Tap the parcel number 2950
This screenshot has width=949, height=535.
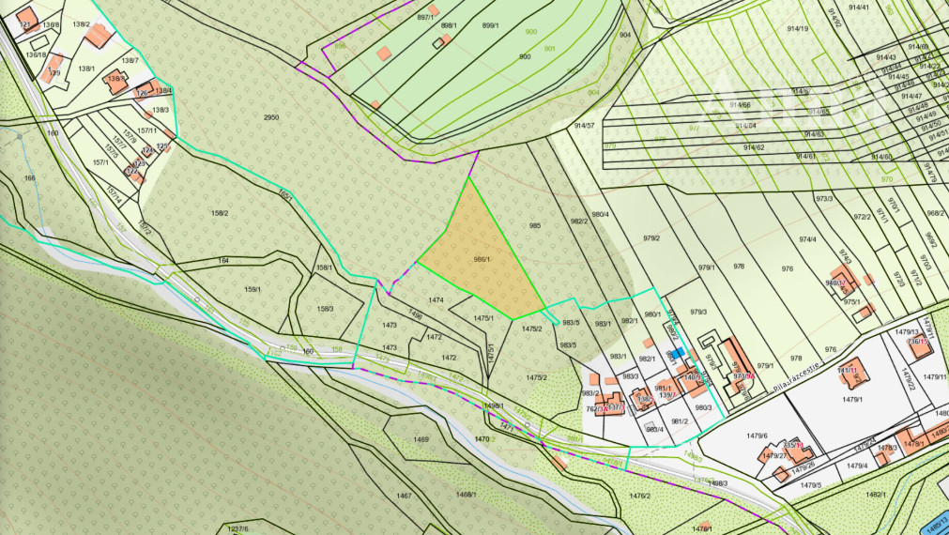pyautogui.click(x=271, y=117)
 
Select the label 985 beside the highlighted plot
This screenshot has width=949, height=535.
pyautogui.click(x=535, y=225)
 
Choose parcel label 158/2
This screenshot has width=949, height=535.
pyautogui.click(x=221, y=213)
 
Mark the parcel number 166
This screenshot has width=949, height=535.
pyautogui.click(x=30, y=177)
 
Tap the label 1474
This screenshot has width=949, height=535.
pyautogui.click(x=436, y=300)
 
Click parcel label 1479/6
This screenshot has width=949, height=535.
pyautogui.click(x=758, y=436)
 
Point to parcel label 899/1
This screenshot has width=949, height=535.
pyautogui.click(x=489, y=25)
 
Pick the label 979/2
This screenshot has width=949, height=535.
pyautogui.click(x=651, y=237)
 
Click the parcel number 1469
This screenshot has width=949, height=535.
pyautogui.click(x=421, y=439)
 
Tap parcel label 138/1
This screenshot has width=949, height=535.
pyautogui.click(x=86, y=69)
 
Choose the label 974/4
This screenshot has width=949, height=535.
pyautogui.click(x=807, y=239)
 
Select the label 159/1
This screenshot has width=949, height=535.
pyautogui.click(x=253, y=288)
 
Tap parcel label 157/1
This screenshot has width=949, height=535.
pyautogui.click(x=100, y=162)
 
